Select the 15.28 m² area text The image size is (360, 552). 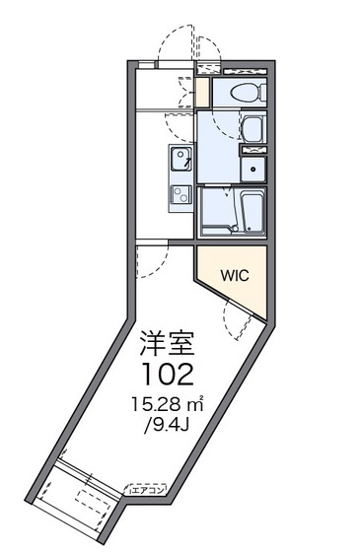pyautogui.click(x=164, y=404)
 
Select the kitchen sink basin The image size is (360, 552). pyautogui.click(x=181, y=159)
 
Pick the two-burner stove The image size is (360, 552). pyautogui.click(x=181, y=194)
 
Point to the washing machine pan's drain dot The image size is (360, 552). pyautogui.click(x=254, y=169)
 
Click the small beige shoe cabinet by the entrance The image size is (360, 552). pyautogui.click(x=202, y=93)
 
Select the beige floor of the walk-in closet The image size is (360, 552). pyautogui.click(x=242, y=286)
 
